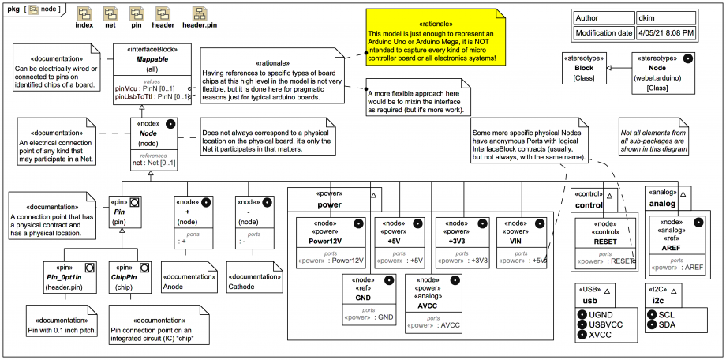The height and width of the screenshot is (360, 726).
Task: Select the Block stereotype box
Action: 583,68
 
